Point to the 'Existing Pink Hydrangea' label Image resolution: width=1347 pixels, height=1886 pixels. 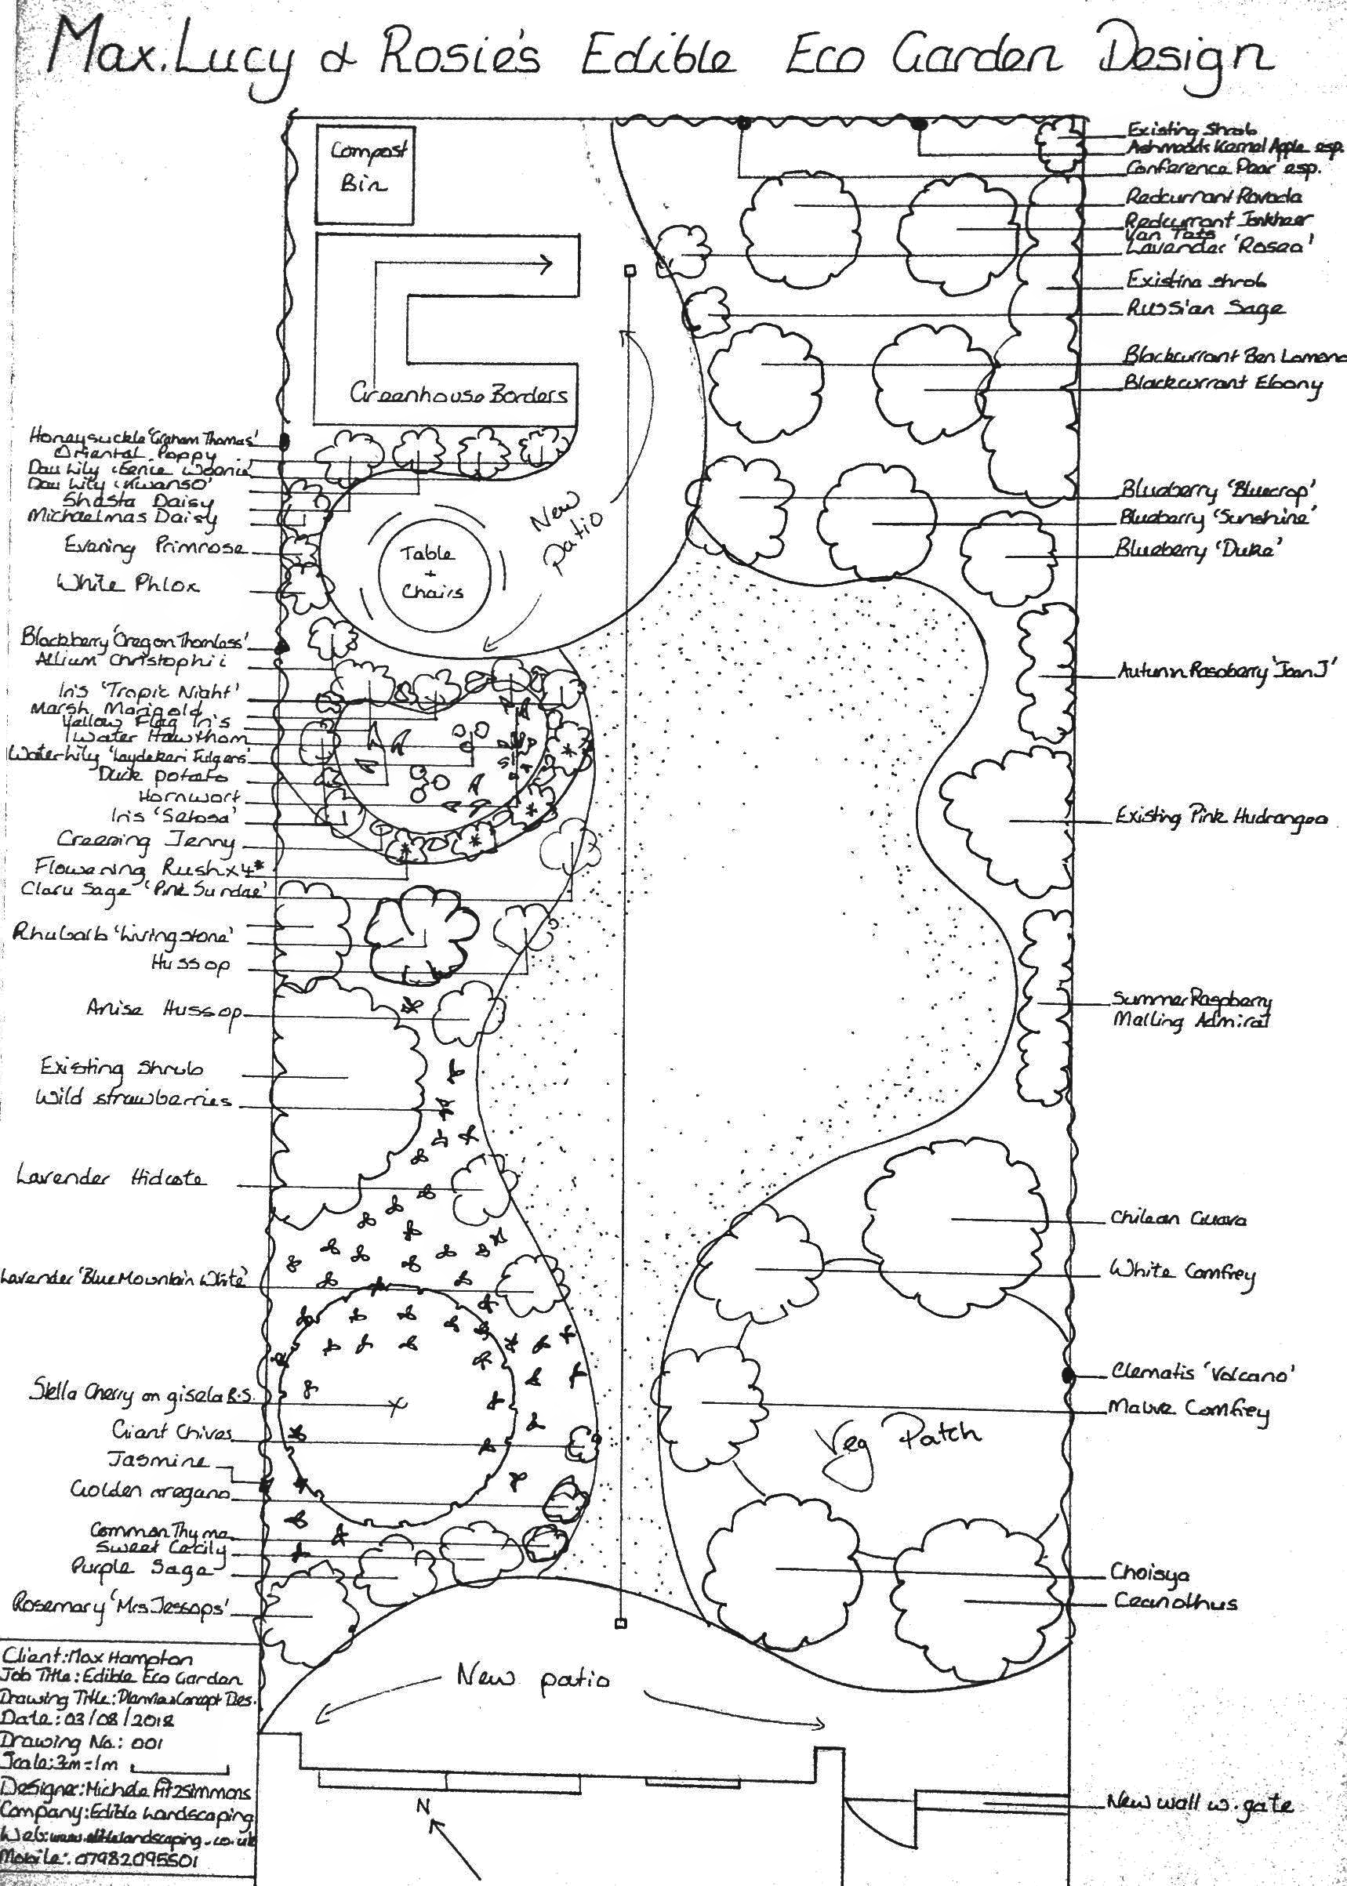[1220, 818]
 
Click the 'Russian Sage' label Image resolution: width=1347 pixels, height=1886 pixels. [1204, 308]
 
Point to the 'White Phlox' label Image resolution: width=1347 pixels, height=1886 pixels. [128, 585]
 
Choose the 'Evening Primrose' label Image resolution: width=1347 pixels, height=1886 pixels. [155, 547]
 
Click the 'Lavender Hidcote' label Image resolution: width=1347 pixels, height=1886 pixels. [111, 1177]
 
